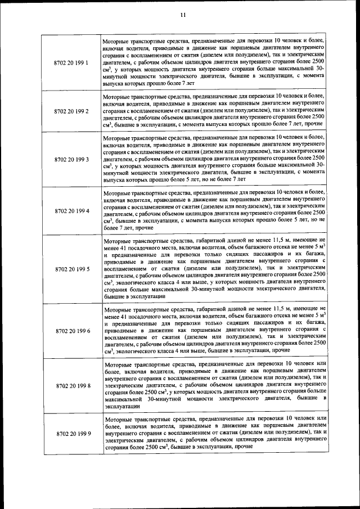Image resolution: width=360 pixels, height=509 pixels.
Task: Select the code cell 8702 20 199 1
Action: [71, 62]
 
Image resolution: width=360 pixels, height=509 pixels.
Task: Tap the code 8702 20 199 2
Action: [71, 111]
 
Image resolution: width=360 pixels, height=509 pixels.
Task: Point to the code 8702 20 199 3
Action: [71, 160]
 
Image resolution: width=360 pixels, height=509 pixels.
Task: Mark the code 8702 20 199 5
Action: [71, 269]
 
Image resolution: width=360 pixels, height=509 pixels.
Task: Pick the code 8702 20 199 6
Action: [71, 331]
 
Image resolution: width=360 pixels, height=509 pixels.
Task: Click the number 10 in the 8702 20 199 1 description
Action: [278, 41]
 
